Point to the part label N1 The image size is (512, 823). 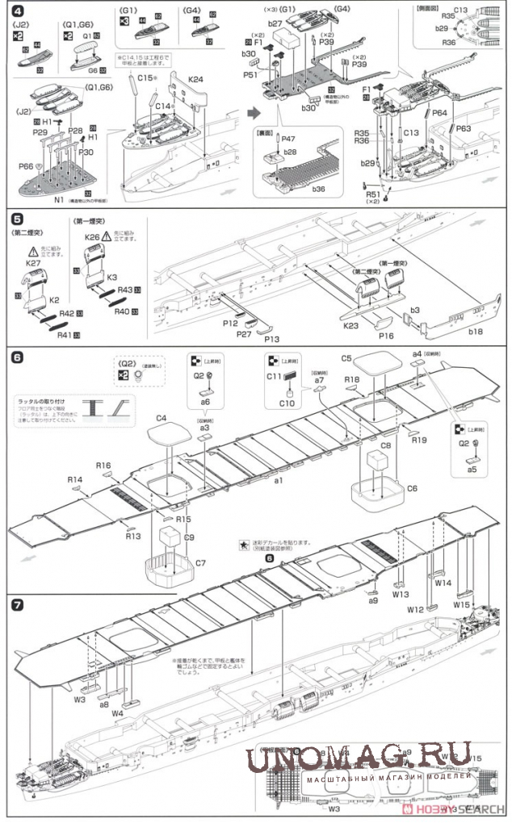[x=59, y=198]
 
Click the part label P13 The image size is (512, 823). [x=271, y=339]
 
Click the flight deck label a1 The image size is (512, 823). [x=279, y=479]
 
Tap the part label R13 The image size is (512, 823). [x=132, y=537]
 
